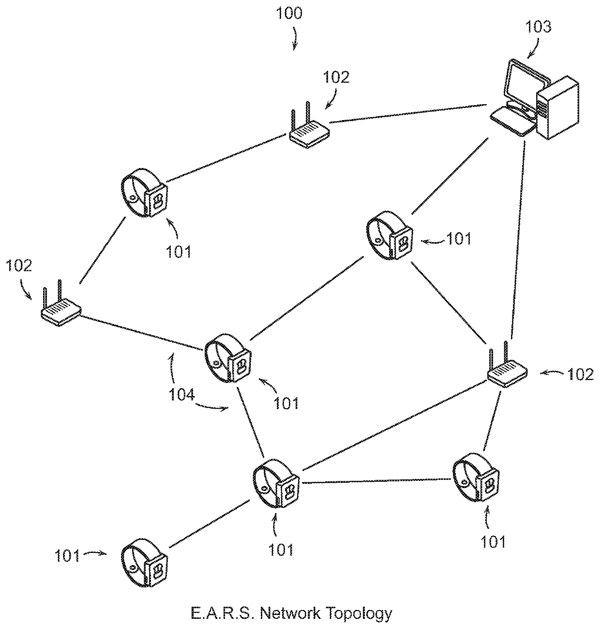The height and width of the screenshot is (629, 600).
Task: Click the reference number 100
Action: (x=289, y=13)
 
